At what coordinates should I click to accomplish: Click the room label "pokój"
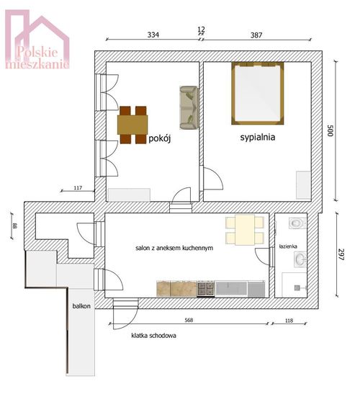(160, 138)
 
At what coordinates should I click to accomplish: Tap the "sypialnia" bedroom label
(258, 137)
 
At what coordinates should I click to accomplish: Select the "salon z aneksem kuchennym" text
(174, 248)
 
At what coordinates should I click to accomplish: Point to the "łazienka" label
(288, 246)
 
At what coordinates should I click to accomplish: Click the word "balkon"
(81, 305)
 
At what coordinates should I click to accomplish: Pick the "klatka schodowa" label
(154, 336)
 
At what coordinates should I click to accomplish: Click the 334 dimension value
(153, 35)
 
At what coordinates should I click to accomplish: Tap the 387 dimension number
(256, 35)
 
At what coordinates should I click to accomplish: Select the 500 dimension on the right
(330, 130)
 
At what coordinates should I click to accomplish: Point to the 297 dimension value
(341, 254)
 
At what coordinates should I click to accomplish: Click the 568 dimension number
(189, 320)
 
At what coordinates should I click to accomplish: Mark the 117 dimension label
(78, 188)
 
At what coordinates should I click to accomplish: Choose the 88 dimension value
(14, 226)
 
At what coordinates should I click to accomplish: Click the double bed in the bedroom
(258, 94)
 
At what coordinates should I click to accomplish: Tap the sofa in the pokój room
(189, 107)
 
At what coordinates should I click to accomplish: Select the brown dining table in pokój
(132, 125)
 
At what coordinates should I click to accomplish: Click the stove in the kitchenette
(206, 289)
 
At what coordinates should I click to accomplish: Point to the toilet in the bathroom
(297, 223)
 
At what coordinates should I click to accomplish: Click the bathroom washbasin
(300, 259)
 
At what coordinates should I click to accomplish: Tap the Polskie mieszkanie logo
(37, 40)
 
